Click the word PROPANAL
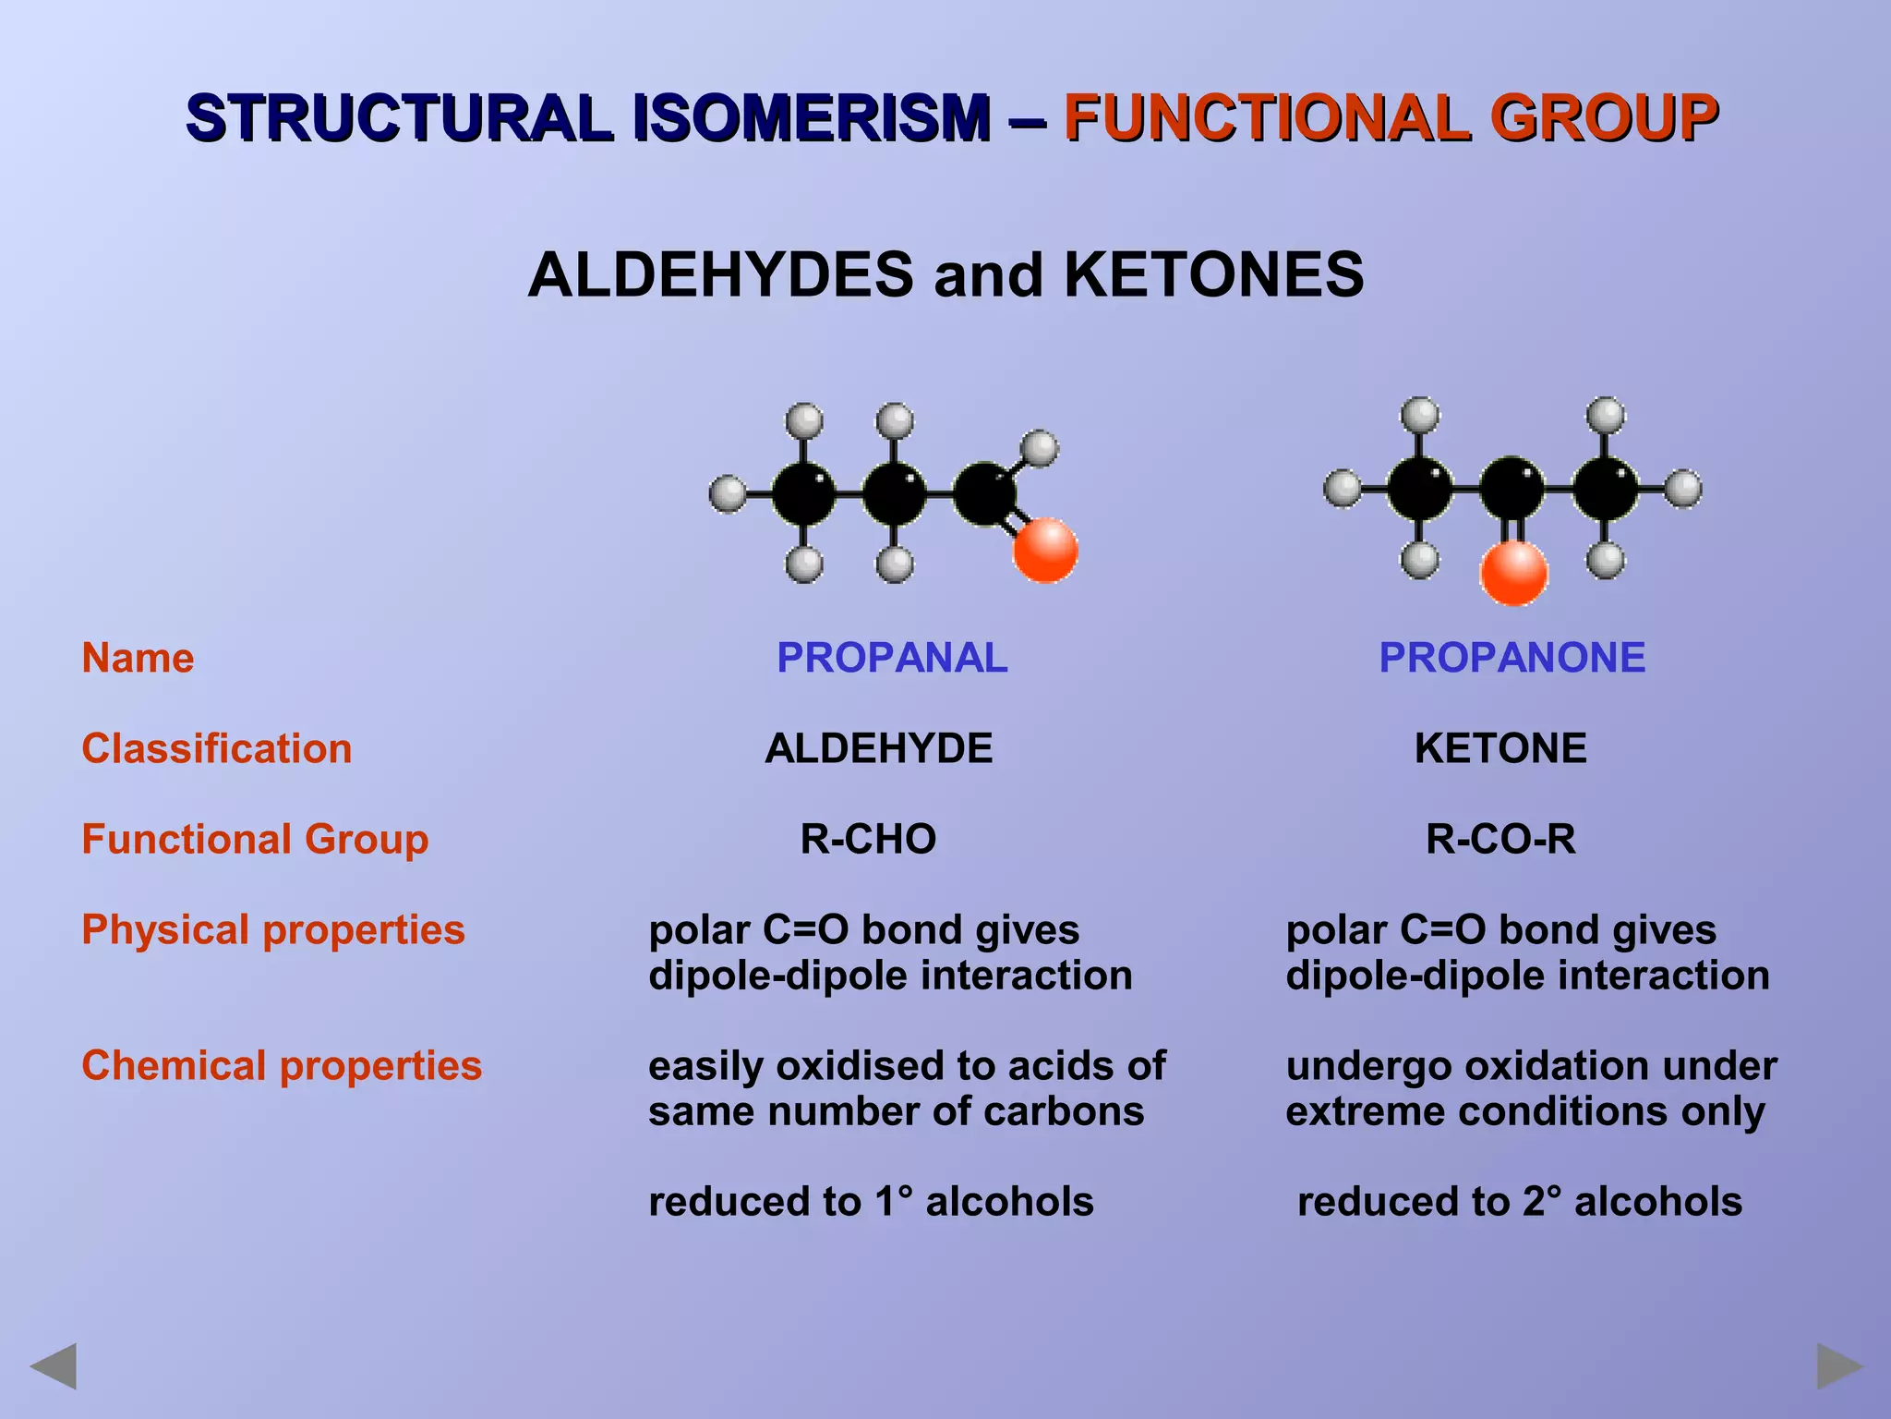[892, 658]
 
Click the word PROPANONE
[1512, 658]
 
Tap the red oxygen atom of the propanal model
[1045, 551]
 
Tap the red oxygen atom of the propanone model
[1513, 573]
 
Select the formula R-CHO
[868, 839]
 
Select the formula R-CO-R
[1500, 839]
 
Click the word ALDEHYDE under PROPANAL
[878, 748]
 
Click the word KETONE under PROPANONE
[1500, 748]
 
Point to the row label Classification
[217, 748]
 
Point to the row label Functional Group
[255, 839]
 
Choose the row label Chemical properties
[282, 1065]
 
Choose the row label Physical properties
[273, 929]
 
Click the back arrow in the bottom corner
[54, 1365]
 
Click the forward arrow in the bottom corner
[1839, 1365]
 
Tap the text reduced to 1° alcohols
[871, 1202]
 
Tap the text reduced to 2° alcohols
[1520, 1202]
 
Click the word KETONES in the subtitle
[1213, 275]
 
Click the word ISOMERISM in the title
[811, 118]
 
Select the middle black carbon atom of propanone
[1512, 488]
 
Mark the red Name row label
[139, 658]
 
